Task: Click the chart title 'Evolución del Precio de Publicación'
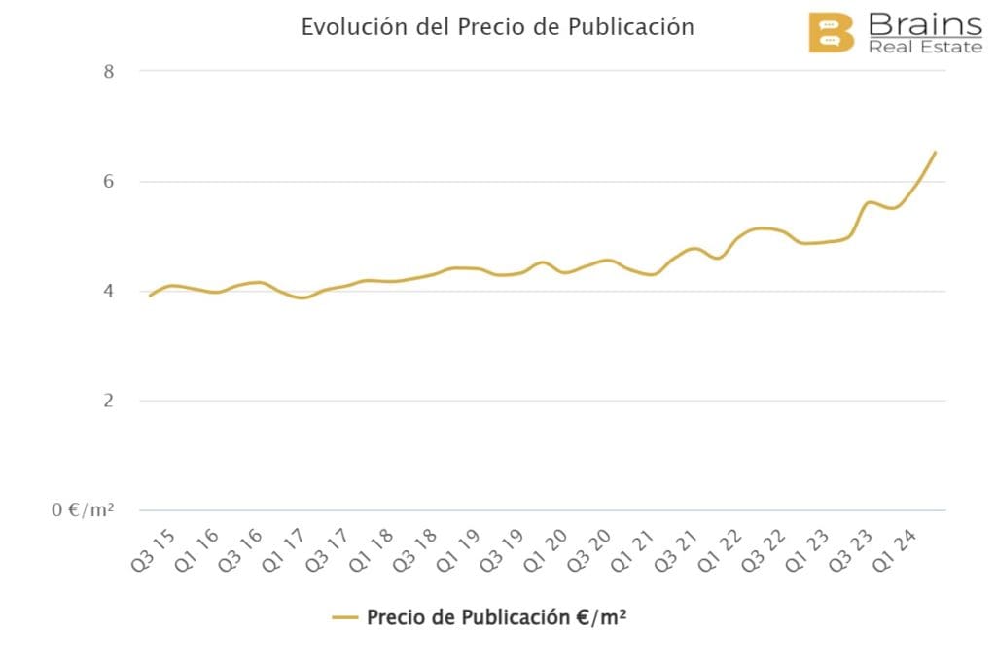[x=497, y=27]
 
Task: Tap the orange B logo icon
[x=831, y=33]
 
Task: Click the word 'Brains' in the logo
[x=924, y=22]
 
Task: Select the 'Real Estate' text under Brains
[x=926, y=47]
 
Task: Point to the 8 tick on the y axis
[x=108, y=71]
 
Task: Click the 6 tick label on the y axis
[x=108, y=182]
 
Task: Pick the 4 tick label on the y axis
[x=108, y=292]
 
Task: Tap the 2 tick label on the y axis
[x=108, y=402]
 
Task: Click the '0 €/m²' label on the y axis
[x=83, y=510]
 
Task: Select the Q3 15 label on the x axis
[x=152, y=552]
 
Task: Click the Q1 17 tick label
[x=300, y=552]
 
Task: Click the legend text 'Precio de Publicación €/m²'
[x=496, y=617]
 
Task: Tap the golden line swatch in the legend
[x=345, y=617]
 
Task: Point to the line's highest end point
[x=935, y=153]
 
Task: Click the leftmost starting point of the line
[x=150, y=295]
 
